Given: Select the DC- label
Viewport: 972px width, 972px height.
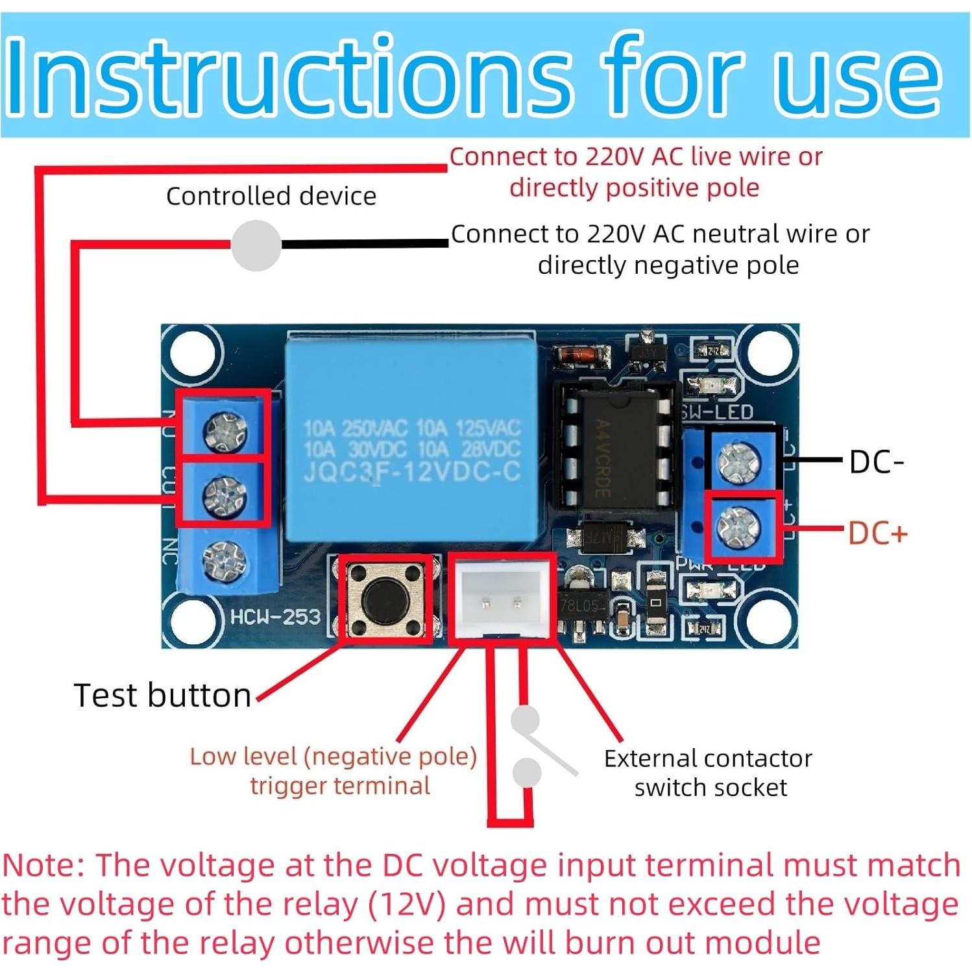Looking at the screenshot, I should (x=876, y=462).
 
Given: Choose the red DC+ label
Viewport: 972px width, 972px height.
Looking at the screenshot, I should (x=877, y=533).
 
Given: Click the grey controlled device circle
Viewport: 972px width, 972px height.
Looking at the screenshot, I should (x=256, y=245).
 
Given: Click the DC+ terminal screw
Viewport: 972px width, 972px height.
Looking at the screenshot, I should (x=738, y=527).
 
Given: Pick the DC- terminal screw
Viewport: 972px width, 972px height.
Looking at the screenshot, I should (x=738, y=462).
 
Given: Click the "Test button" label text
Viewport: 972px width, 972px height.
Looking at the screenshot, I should (x=162, y=696).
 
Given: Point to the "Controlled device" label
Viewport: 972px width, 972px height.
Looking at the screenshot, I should (x=271, y=196).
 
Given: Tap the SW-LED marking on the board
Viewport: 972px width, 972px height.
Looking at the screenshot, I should (x=717, y=412).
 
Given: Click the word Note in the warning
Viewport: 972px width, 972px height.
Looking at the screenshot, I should (x=42, y=866).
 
